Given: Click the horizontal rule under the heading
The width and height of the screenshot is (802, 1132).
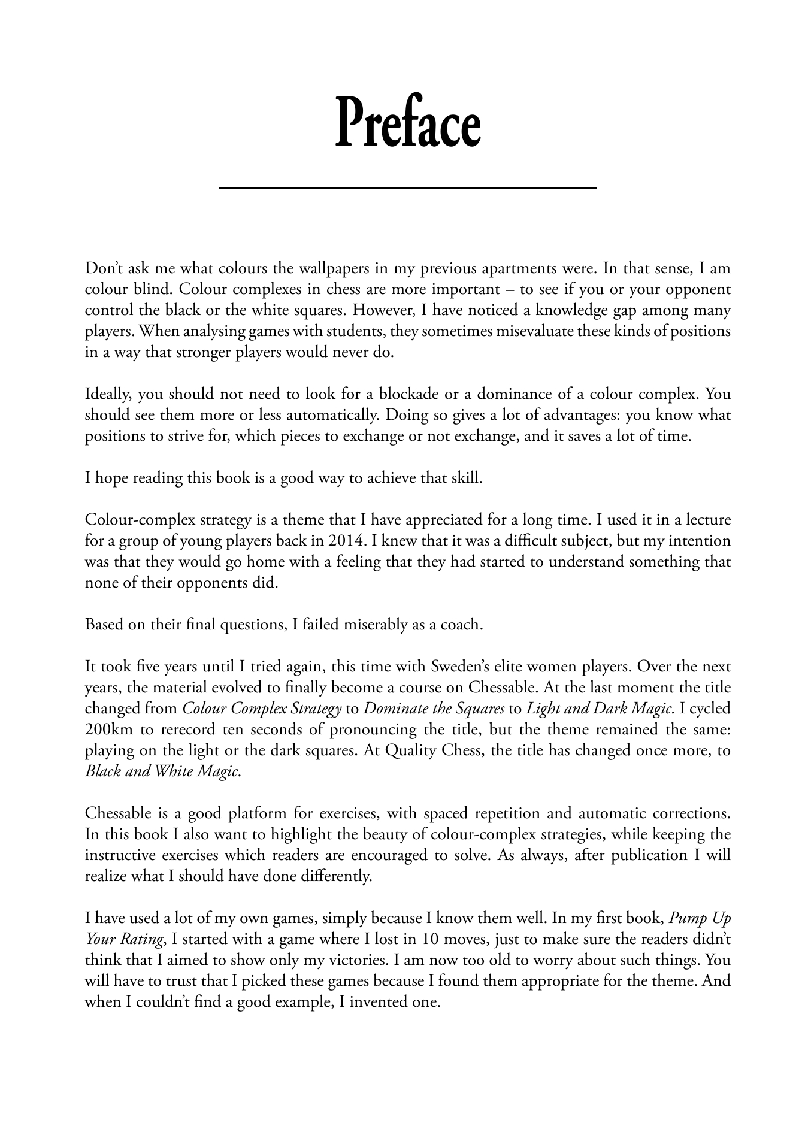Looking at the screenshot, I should tap(408, 188).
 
